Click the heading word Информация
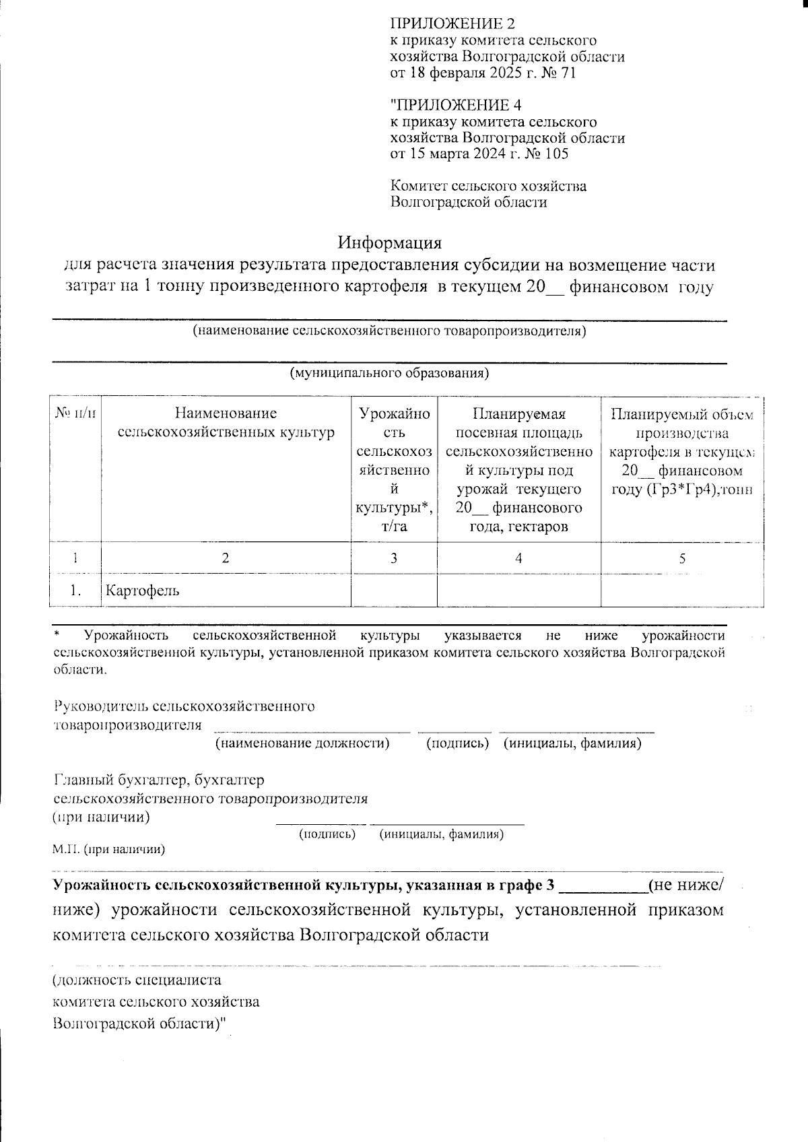pos(390,242)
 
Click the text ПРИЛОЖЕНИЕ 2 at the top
pos(452,24)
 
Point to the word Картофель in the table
pos(142,591)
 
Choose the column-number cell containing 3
pos(394,558)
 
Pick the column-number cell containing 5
pos(682,558)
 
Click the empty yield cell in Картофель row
pos(394,591)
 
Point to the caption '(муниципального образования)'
pos(389,373)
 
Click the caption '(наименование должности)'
pos(302,743)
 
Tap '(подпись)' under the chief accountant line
pos(327,834)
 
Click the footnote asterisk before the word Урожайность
pos(57,635)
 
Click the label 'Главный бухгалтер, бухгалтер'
pos(159,780)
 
